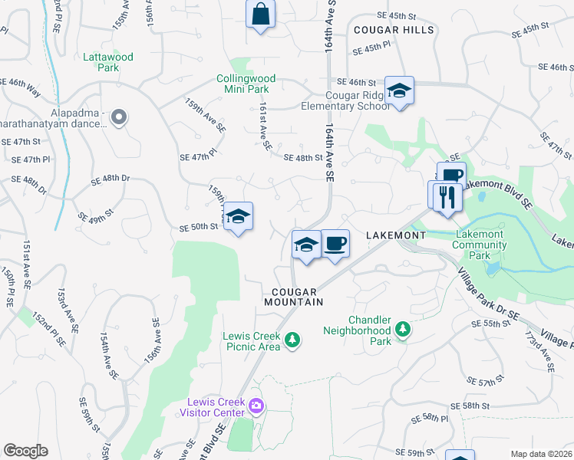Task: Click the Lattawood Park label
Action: (x=108, y=62)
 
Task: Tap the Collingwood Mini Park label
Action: (x=246, y=84)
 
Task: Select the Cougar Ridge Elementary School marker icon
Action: (x=399, y=90)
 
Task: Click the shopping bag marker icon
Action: (x=260, y=14)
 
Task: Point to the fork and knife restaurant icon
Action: (x=445, y=196)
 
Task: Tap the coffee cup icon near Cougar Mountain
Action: (x=335, y=245)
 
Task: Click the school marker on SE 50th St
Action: (x=239, y=217)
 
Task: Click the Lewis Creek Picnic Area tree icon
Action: (x=292, y=339)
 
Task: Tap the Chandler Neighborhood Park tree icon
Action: (x=403, y=330)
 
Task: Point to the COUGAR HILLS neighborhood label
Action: (x=394, y=30)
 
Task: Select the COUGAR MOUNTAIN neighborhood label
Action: (x=296, y=297)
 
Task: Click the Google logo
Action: (x=25, y=451)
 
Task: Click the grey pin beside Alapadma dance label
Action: (x=118, y=117)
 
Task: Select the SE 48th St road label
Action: (x=303, y=158)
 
